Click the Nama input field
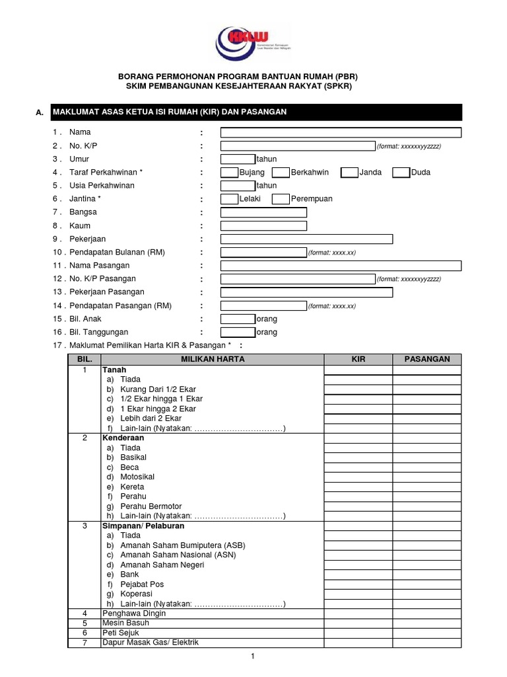(x=341, y=132)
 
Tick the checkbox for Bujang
(x=229, y=173)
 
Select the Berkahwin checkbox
(x=281, y=173)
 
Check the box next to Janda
(x=349, y=173)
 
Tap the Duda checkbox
(x=401, y=173)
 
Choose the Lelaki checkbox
(x=229, y=199)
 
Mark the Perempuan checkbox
(x=281, y=199)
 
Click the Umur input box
(x=238, y=159)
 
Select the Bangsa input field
(x=263, y=212)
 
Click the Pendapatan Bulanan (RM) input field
(x=263, y=253)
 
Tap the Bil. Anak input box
(x=238, y=319)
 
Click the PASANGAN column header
(x=427, y=359)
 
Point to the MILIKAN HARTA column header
(x=213, y=359)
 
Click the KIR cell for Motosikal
(x=358, y=477)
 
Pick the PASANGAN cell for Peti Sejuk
(x=427, y=633)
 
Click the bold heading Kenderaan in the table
(x=122, y=438)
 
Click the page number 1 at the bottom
(x=252, y=657)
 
